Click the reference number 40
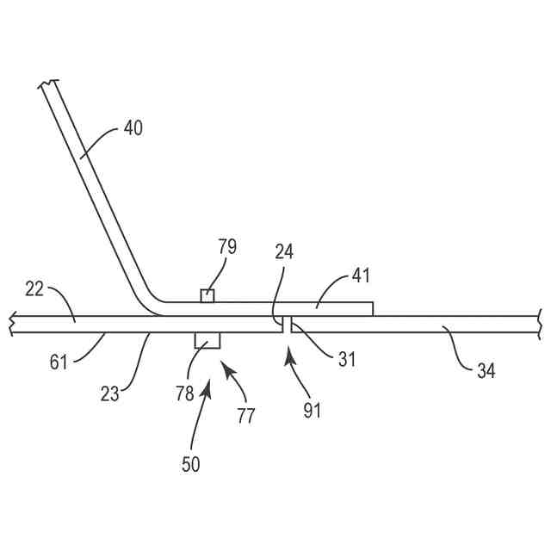click(133, 129)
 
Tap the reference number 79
click(227, 247)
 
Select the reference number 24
click(285, 253)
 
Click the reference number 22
click(34, 290)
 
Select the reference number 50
click(191, 464)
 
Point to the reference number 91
click(311, 410)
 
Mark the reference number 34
click(486, 371)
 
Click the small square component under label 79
click(207, 296)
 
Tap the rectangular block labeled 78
click(207, 340)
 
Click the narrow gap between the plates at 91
click(288, 325)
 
